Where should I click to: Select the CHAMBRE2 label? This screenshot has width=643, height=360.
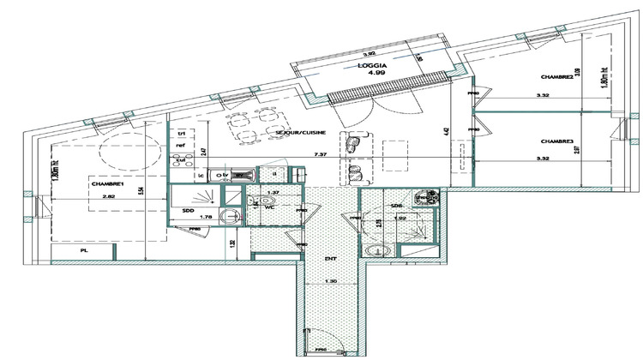click(x=558, y=77)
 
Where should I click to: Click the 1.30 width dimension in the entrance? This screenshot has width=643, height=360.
click(x=330, y=283)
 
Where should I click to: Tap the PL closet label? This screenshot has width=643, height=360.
click(x=84, y=252)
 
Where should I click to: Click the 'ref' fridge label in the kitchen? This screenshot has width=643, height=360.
click(x=181, y=147)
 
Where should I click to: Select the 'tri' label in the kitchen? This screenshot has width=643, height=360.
click(x=181, y=135)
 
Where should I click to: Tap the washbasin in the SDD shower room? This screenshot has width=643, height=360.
click(x=227, y=217)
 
